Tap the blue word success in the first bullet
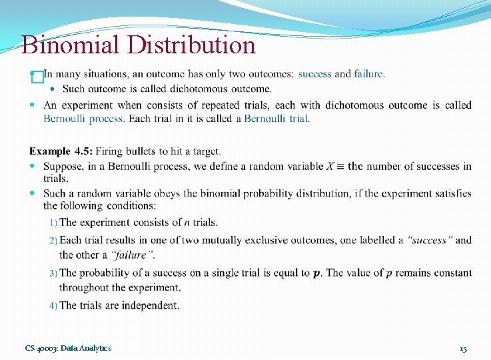[314, 73]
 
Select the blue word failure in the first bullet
[368, 73]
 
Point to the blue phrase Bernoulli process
[83, 118]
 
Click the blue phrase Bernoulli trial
[276, 118]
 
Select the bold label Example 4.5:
[61, 152]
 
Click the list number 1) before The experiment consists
[53, 223]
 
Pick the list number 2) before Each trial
[53, 241]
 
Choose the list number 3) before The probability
[53, 273]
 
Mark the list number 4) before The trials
[53, 306]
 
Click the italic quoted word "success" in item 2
[430, 240]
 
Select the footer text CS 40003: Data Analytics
[68, 348]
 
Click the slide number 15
[463, 349]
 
